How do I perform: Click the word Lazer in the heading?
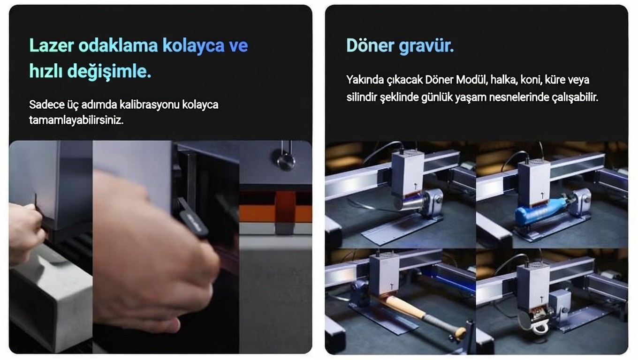[52, 45]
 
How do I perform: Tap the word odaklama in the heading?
[118, 45]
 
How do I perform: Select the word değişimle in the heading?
[109, 71]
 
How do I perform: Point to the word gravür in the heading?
[426, 46]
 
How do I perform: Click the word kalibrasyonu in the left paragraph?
[149, 105]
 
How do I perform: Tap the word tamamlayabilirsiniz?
[76, 120]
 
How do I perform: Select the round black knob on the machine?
[284, 161]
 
